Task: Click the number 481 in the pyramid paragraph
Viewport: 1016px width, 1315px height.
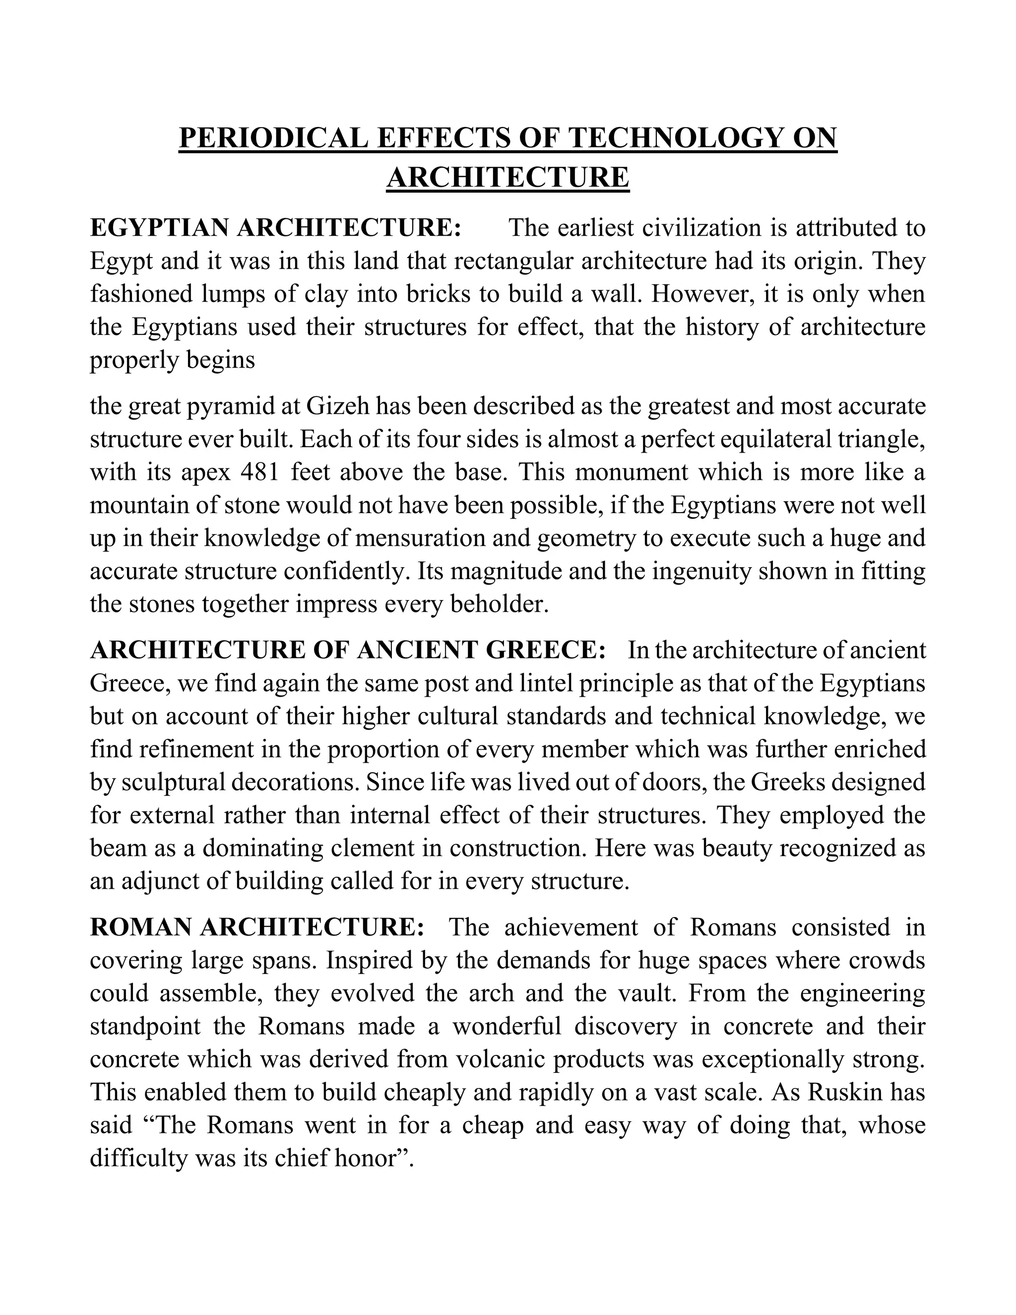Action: [x=260, y=472]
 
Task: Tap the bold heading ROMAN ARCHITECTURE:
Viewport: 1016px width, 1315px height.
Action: [x=257, y=928]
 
